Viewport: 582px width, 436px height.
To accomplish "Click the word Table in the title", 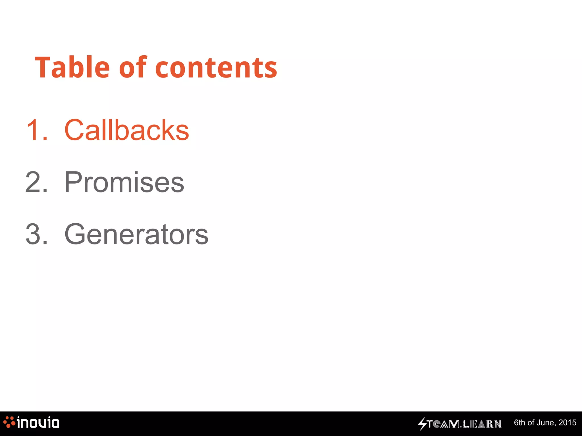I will click(72, 67).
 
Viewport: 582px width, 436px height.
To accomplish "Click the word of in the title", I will click(133, 67).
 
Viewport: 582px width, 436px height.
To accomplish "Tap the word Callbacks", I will click(127, 130).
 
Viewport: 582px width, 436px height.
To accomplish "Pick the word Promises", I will click(124, 182).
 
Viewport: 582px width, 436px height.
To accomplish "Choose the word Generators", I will click(136, 234).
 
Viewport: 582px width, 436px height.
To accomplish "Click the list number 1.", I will click(34, 130).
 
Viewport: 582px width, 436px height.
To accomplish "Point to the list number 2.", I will click(34, 182).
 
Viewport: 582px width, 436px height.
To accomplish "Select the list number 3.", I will click(34, 234).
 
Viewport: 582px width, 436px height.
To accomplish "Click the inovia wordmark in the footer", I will click(38, 423).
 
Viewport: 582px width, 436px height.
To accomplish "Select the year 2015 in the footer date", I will click(567, 423).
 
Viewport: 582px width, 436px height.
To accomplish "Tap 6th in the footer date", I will click(520, 423).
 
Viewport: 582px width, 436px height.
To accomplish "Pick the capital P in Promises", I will click(72, 182).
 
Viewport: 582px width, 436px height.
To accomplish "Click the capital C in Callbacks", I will click(74, 130).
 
